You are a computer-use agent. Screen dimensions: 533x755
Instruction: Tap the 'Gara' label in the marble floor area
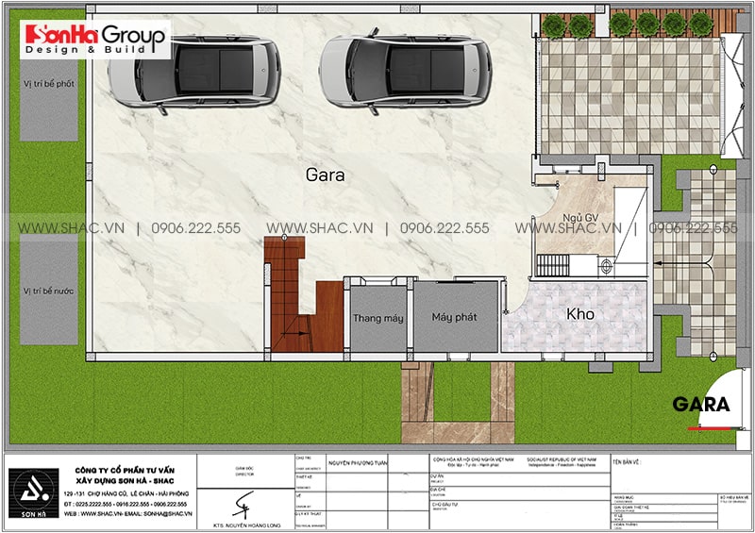[x=324, y=175]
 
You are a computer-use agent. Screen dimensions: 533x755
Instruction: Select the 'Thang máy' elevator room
[x=377, y=317]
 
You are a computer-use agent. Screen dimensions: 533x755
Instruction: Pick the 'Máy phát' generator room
[x=456, y=317]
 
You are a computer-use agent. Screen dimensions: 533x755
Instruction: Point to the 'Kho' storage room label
[x=579, y=313]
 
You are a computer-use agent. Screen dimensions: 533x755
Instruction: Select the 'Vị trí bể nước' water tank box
[x=49, y=292]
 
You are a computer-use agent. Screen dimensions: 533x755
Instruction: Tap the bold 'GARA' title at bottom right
[x=700, y=405]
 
